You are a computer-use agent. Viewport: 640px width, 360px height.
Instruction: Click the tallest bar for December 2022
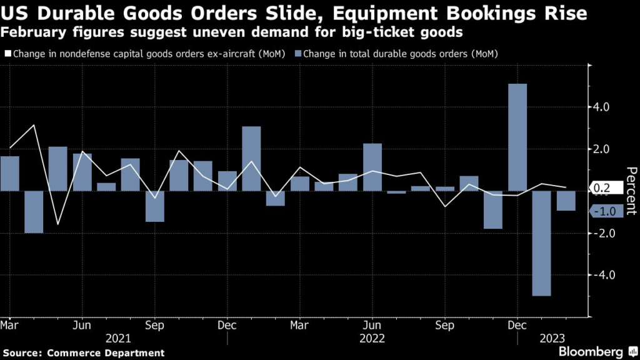pos(517,137)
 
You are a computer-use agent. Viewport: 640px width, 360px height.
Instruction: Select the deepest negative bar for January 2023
pos(542,243)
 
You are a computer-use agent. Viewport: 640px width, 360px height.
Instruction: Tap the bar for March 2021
pos(9,173)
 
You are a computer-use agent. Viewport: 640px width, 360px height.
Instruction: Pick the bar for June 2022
pos(372,167)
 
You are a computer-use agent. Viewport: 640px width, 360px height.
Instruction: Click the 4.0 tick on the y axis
pos(602,107)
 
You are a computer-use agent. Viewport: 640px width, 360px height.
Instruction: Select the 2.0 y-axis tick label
pos(602,149)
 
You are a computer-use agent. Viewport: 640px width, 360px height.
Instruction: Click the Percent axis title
pos(631,191)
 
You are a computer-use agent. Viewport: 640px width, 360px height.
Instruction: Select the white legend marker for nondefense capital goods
pos(8,54)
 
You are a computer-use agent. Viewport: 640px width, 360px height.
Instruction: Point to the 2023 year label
pos(553,338)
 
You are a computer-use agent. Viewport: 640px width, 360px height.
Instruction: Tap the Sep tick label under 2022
pos(445,326)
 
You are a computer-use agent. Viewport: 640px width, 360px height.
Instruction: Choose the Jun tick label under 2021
pos(82,326)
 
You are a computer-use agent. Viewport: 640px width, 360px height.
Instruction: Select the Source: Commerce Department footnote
pos(84,353)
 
